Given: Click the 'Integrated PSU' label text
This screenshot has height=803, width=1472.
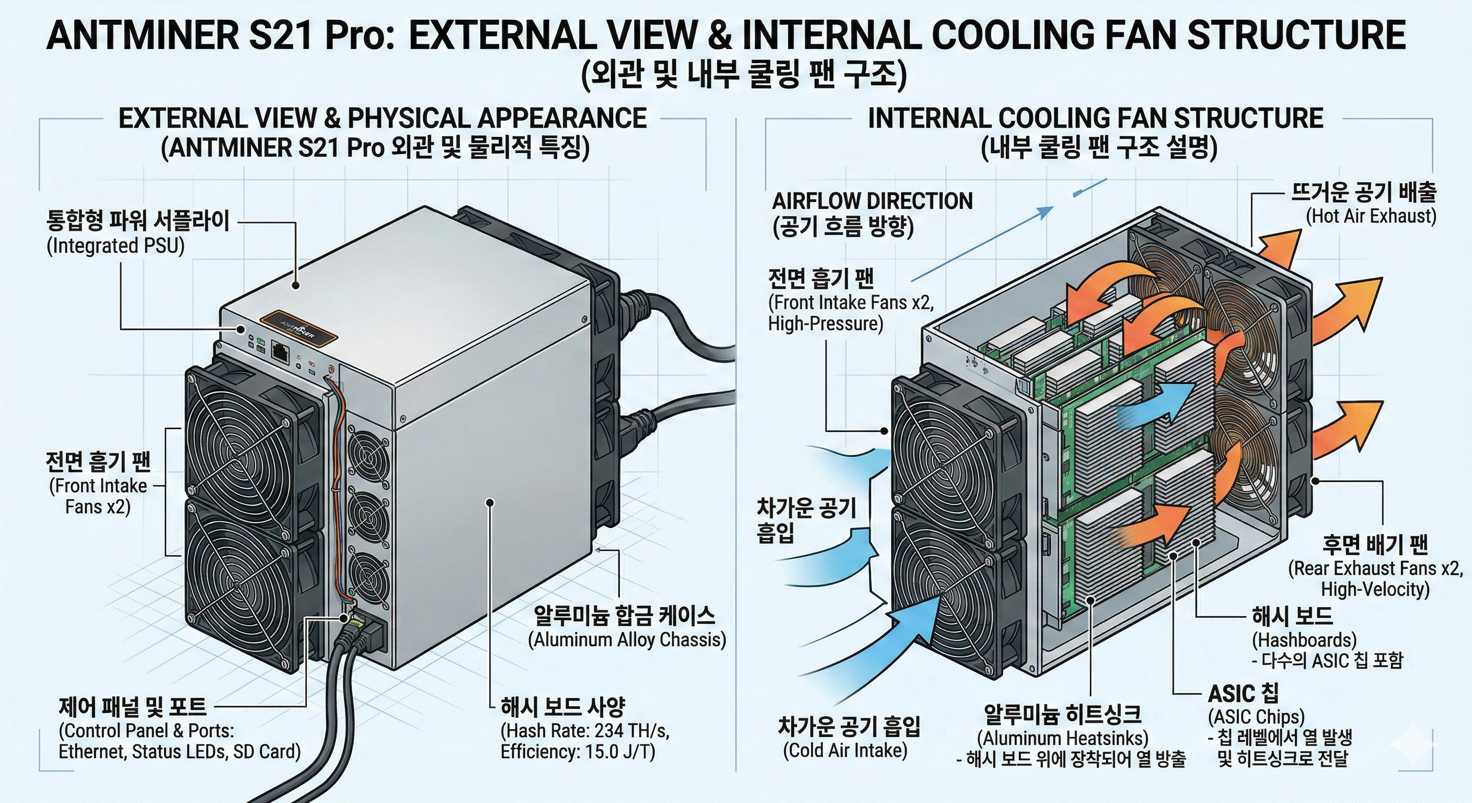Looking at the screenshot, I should click(116, 246).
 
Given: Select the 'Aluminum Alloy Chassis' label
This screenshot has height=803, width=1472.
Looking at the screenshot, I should click(626, 639).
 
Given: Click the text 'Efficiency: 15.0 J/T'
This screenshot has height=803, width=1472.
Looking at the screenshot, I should click(577, 752).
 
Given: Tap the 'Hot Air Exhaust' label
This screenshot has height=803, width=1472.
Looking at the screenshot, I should click(1370, 216).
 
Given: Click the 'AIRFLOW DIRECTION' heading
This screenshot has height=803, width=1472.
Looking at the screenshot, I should click(872, 201).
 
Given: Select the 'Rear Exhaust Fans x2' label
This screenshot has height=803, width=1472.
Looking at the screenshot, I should click(1376, 568).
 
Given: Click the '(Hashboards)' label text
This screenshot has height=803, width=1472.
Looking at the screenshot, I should click(1304, 639).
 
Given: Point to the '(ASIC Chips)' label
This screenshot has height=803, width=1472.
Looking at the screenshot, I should click(1256, 716).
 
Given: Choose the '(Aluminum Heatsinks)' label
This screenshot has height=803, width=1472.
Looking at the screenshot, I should click(1062, 738).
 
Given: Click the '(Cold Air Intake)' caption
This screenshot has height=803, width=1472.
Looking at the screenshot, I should click(845, 750).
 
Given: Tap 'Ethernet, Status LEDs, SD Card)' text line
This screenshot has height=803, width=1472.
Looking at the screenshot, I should click(179, 752).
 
